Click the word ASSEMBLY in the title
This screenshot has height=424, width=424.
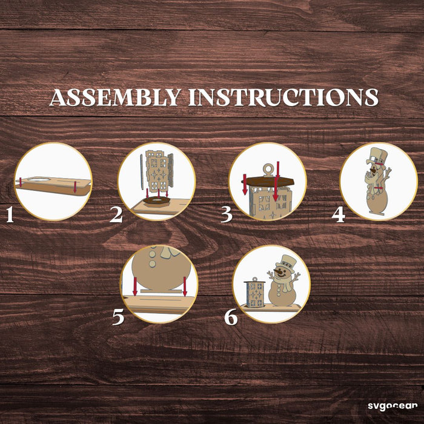(116, 98)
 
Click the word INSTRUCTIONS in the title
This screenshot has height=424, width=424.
(283, 98)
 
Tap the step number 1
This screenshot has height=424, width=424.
(10, 215)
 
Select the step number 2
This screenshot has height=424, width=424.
(116, 215)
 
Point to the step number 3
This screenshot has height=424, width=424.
(227, 215)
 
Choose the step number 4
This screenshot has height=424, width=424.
(338, 215)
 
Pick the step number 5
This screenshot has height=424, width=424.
(118, 317)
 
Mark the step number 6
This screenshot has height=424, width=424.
(231, 317)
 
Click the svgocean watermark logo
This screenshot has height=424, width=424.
(393, 406)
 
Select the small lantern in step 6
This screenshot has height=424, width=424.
(254, 293)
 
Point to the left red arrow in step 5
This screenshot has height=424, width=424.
(135, 286)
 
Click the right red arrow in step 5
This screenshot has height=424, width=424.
(185, 286)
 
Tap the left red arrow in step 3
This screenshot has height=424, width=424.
(245, 184)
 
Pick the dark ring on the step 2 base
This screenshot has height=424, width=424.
(157, 201)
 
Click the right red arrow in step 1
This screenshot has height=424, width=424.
(75, 187)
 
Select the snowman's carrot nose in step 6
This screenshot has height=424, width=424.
(277, 270)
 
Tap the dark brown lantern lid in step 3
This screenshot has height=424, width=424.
(268, 182)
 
